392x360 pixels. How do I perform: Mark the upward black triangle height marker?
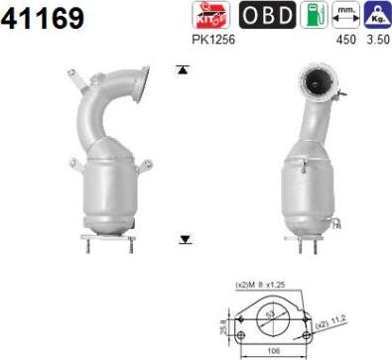(182, 69)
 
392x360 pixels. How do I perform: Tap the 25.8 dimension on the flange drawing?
(223, 324)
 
